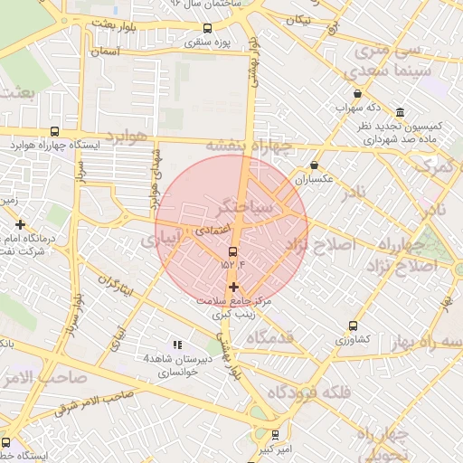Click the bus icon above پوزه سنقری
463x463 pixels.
pyautogui.click(x=208, y=28)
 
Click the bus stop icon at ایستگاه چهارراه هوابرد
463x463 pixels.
pyautogui.click(x=56, y=131)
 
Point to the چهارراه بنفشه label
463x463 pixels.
pyautogui.click(x=249, y=145)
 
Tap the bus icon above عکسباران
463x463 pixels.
pyautogui.click(x=314, y=165)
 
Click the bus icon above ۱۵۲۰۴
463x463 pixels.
pyautogui.click(x=233, y=250)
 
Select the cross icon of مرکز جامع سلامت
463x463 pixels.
pyautogui.click(x=233, y=287)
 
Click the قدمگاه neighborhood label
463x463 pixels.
pyautogui.click(x=269, y=337)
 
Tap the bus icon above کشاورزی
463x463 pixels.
pyautogui.click(x=352, y=326)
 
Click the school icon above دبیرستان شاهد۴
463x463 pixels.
pyautogui.click(x=177, y=345)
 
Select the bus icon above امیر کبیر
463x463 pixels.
pyautogui.click(x=275, y=434)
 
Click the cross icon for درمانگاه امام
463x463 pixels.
pyautogui.click(x=20, y=223)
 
